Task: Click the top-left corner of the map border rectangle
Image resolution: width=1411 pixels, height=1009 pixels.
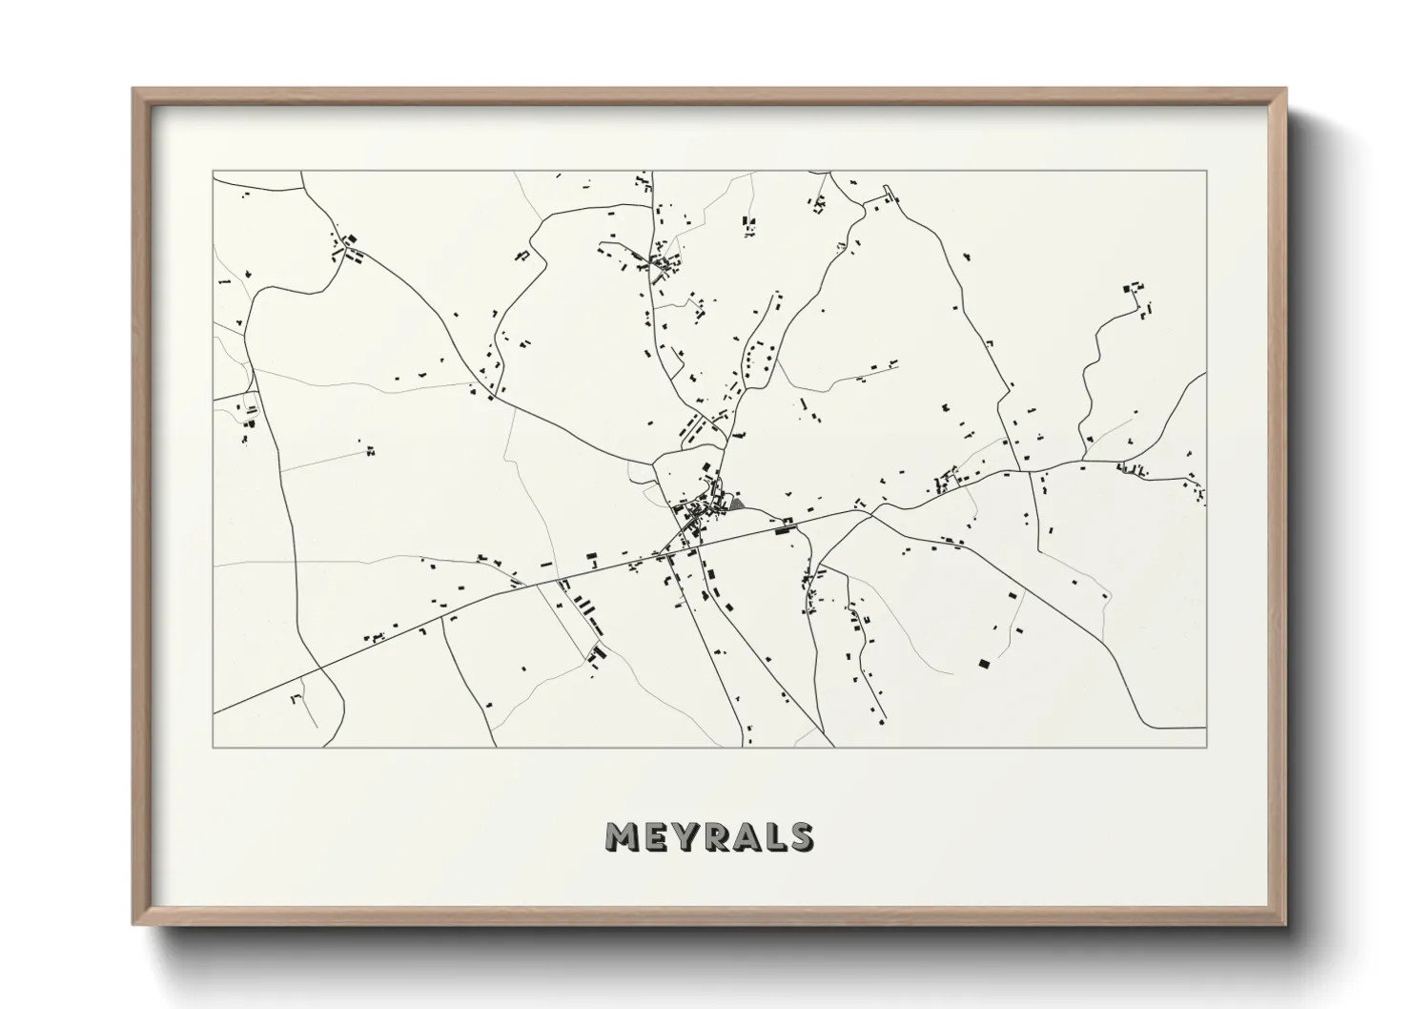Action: (214, 172)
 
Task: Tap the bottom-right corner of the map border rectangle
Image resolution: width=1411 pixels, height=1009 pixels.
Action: (1207, 747)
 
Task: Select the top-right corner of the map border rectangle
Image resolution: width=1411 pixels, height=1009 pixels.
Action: (1207, 172)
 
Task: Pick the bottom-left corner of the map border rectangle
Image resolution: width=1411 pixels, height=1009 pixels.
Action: (214, 747)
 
